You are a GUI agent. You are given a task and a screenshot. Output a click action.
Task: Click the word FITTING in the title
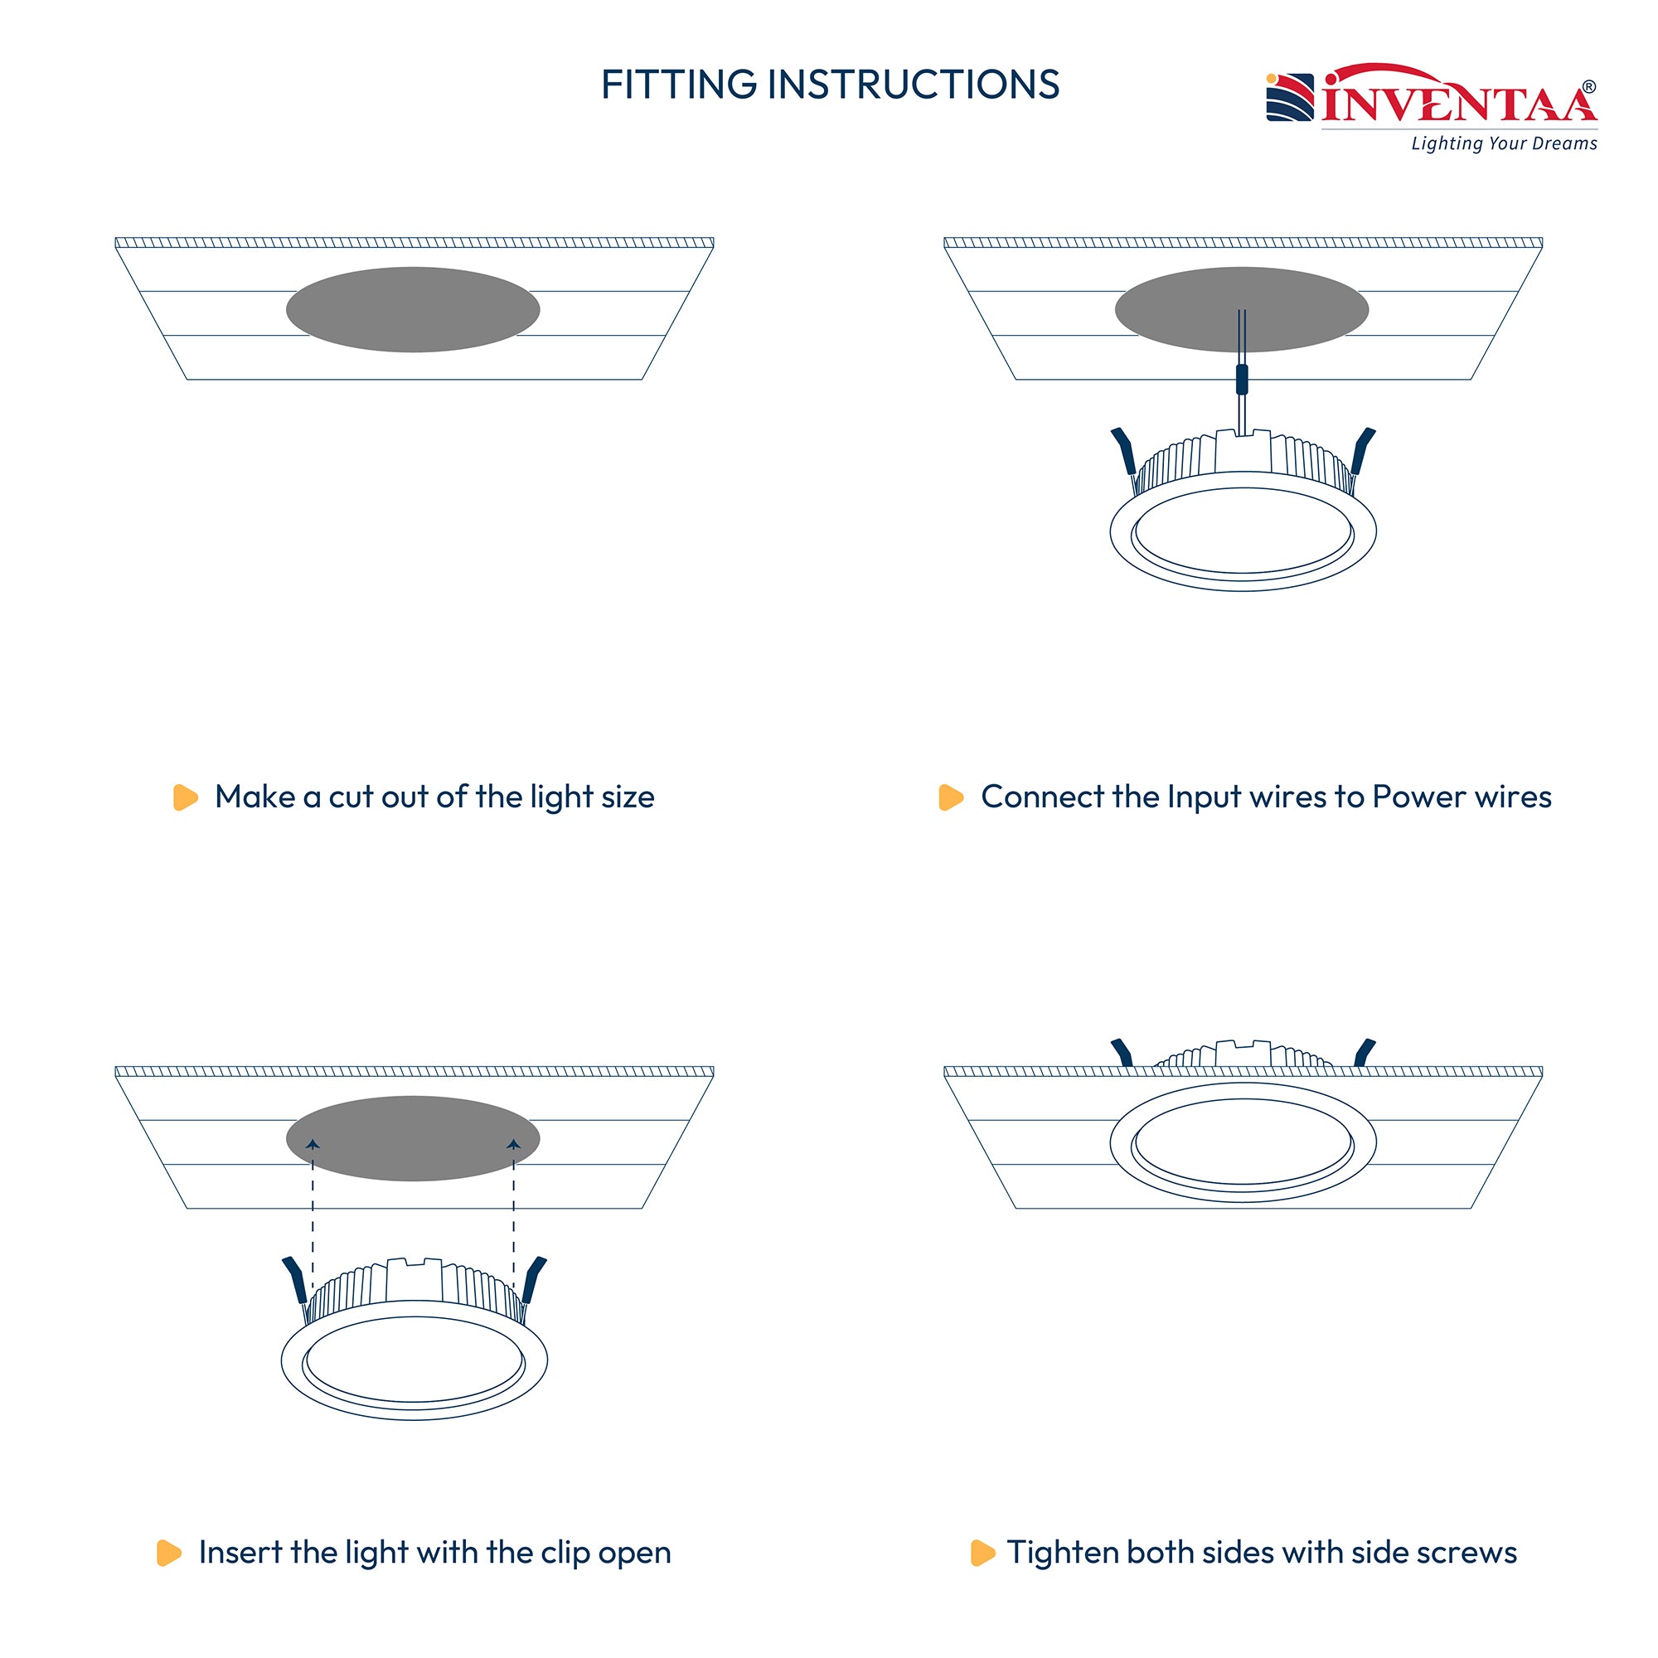click(x=678, y=84)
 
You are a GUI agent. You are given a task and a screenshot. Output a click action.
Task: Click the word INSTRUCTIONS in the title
click(x=913, y=84)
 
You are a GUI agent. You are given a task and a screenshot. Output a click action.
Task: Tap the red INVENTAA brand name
click(x=1458, y=100)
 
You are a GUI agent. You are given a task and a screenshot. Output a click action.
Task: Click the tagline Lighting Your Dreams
click(x=1505, y=143)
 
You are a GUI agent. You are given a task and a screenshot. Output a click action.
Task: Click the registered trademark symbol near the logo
click(x=1589, y=87)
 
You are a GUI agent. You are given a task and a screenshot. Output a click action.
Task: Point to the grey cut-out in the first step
click(x=413, y=310)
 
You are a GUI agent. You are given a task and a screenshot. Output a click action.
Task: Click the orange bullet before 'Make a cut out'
click(x=186, y=797)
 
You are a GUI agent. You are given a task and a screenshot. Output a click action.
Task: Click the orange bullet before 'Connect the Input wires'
click(x=951, y=797)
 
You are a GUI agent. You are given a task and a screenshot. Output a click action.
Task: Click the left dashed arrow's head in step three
click(x=313, y=1144)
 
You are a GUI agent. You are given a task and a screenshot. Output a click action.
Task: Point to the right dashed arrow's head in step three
click(x=514, y=1144)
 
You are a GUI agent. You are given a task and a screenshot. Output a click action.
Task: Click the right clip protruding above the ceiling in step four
click(x=1364, y=1052)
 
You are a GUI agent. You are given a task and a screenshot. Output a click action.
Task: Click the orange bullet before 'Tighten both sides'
click(x=982, y=1554)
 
